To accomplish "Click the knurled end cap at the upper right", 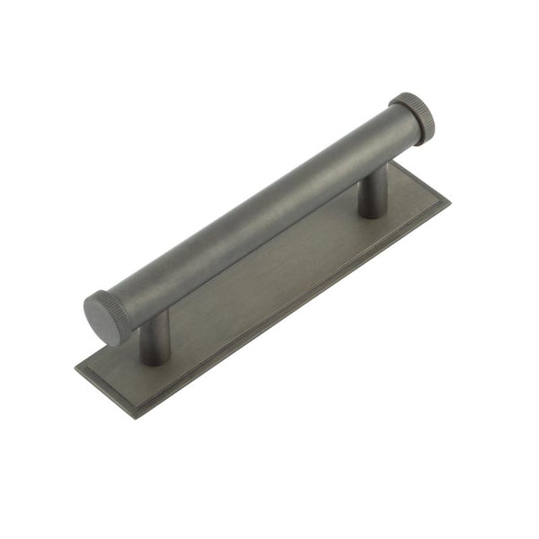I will (x=414, y=118).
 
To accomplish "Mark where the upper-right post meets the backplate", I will (x=373, y=214).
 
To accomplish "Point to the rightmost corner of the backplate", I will (x=450, y=200).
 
